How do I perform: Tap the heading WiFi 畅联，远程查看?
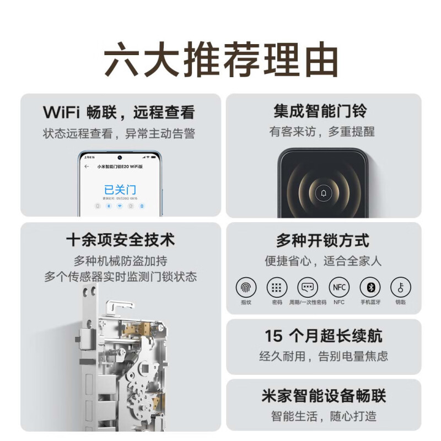(119, 112)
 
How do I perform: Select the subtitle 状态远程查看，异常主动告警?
(119, 133)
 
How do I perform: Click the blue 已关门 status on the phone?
(120, 189)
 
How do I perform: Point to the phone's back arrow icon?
(87, 166)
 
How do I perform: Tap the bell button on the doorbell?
(323, 194)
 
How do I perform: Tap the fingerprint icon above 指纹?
(246, 287)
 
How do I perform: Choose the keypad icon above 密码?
(277, 287)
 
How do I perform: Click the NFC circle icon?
(338, 287)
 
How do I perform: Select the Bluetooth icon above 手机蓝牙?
(370, 287)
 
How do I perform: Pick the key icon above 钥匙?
(401, 287)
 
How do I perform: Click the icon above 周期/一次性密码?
(308, 287)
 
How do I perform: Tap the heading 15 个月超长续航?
(323, 336)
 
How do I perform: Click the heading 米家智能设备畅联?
(323, 396)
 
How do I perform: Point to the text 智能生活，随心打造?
(323, 416)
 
